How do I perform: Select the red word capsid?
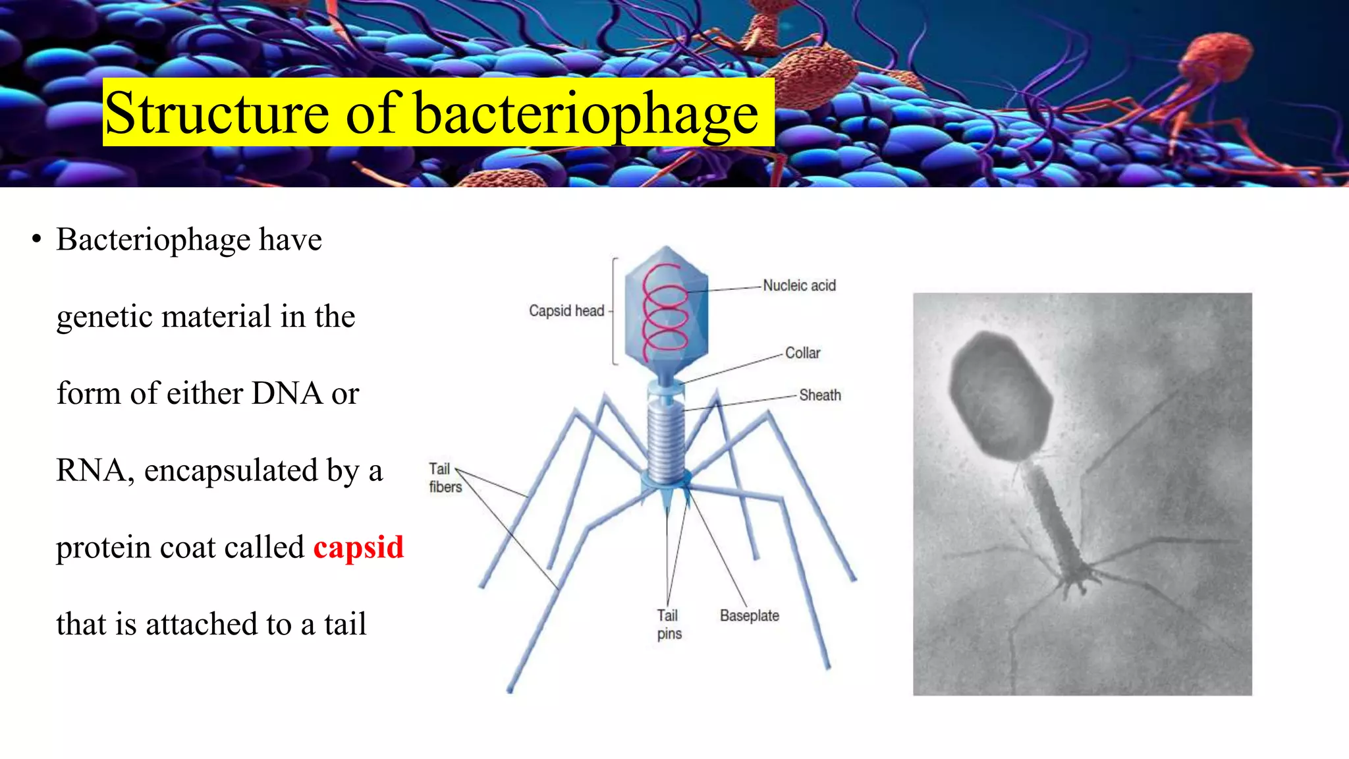tap(358, 548)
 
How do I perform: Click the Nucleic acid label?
tap(799, 285)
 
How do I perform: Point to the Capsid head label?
tap(566, 310)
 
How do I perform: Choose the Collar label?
tap(802, 353)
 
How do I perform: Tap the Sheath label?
tap(820, 395)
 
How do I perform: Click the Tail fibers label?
tap(445, 478)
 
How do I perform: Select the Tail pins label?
tap(669, 624)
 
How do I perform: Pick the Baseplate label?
tap(749, 615)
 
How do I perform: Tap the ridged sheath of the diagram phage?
tap(666, 441)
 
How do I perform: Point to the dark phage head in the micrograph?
tap(999, 395)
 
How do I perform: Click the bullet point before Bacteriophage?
tap(37, 239)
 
